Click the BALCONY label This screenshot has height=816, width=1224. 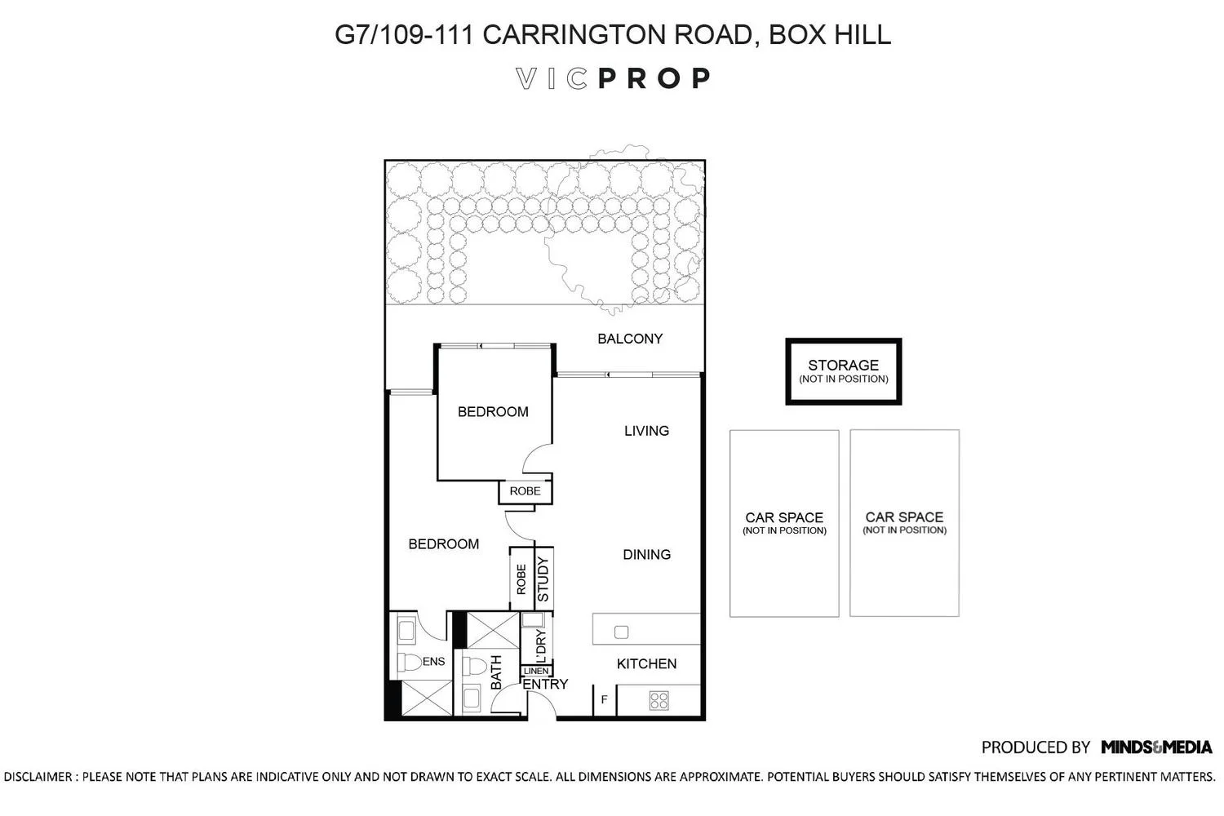point(630,339)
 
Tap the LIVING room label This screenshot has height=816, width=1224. point(646,431)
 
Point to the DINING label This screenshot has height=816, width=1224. point(646,555)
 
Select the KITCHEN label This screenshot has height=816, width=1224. point(646,664)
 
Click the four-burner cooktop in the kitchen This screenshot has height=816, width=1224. point(659,701)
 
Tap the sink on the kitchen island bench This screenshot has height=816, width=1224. point(621,632)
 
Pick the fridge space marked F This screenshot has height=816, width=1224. point(605,699)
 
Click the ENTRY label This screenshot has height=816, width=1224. point(545,685)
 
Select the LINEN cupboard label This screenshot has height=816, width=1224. point(535,672)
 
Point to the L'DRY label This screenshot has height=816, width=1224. point(540,646)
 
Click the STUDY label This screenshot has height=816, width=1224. point(543,579)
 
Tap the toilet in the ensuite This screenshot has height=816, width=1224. point(410,662)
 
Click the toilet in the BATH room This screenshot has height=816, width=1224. point(474,667)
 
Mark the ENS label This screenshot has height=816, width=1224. point(434,662)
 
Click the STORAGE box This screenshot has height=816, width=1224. point(844,371)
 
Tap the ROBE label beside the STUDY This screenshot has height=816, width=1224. point(521,579)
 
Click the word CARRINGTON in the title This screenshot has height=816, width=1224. point(574,34)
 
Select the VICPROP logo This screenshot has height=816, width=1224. point(613,78)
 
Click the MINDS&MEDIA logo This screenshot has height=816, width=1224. point(1156,747)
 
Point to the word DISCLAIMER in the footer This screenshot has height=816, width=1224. point(38,777)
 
